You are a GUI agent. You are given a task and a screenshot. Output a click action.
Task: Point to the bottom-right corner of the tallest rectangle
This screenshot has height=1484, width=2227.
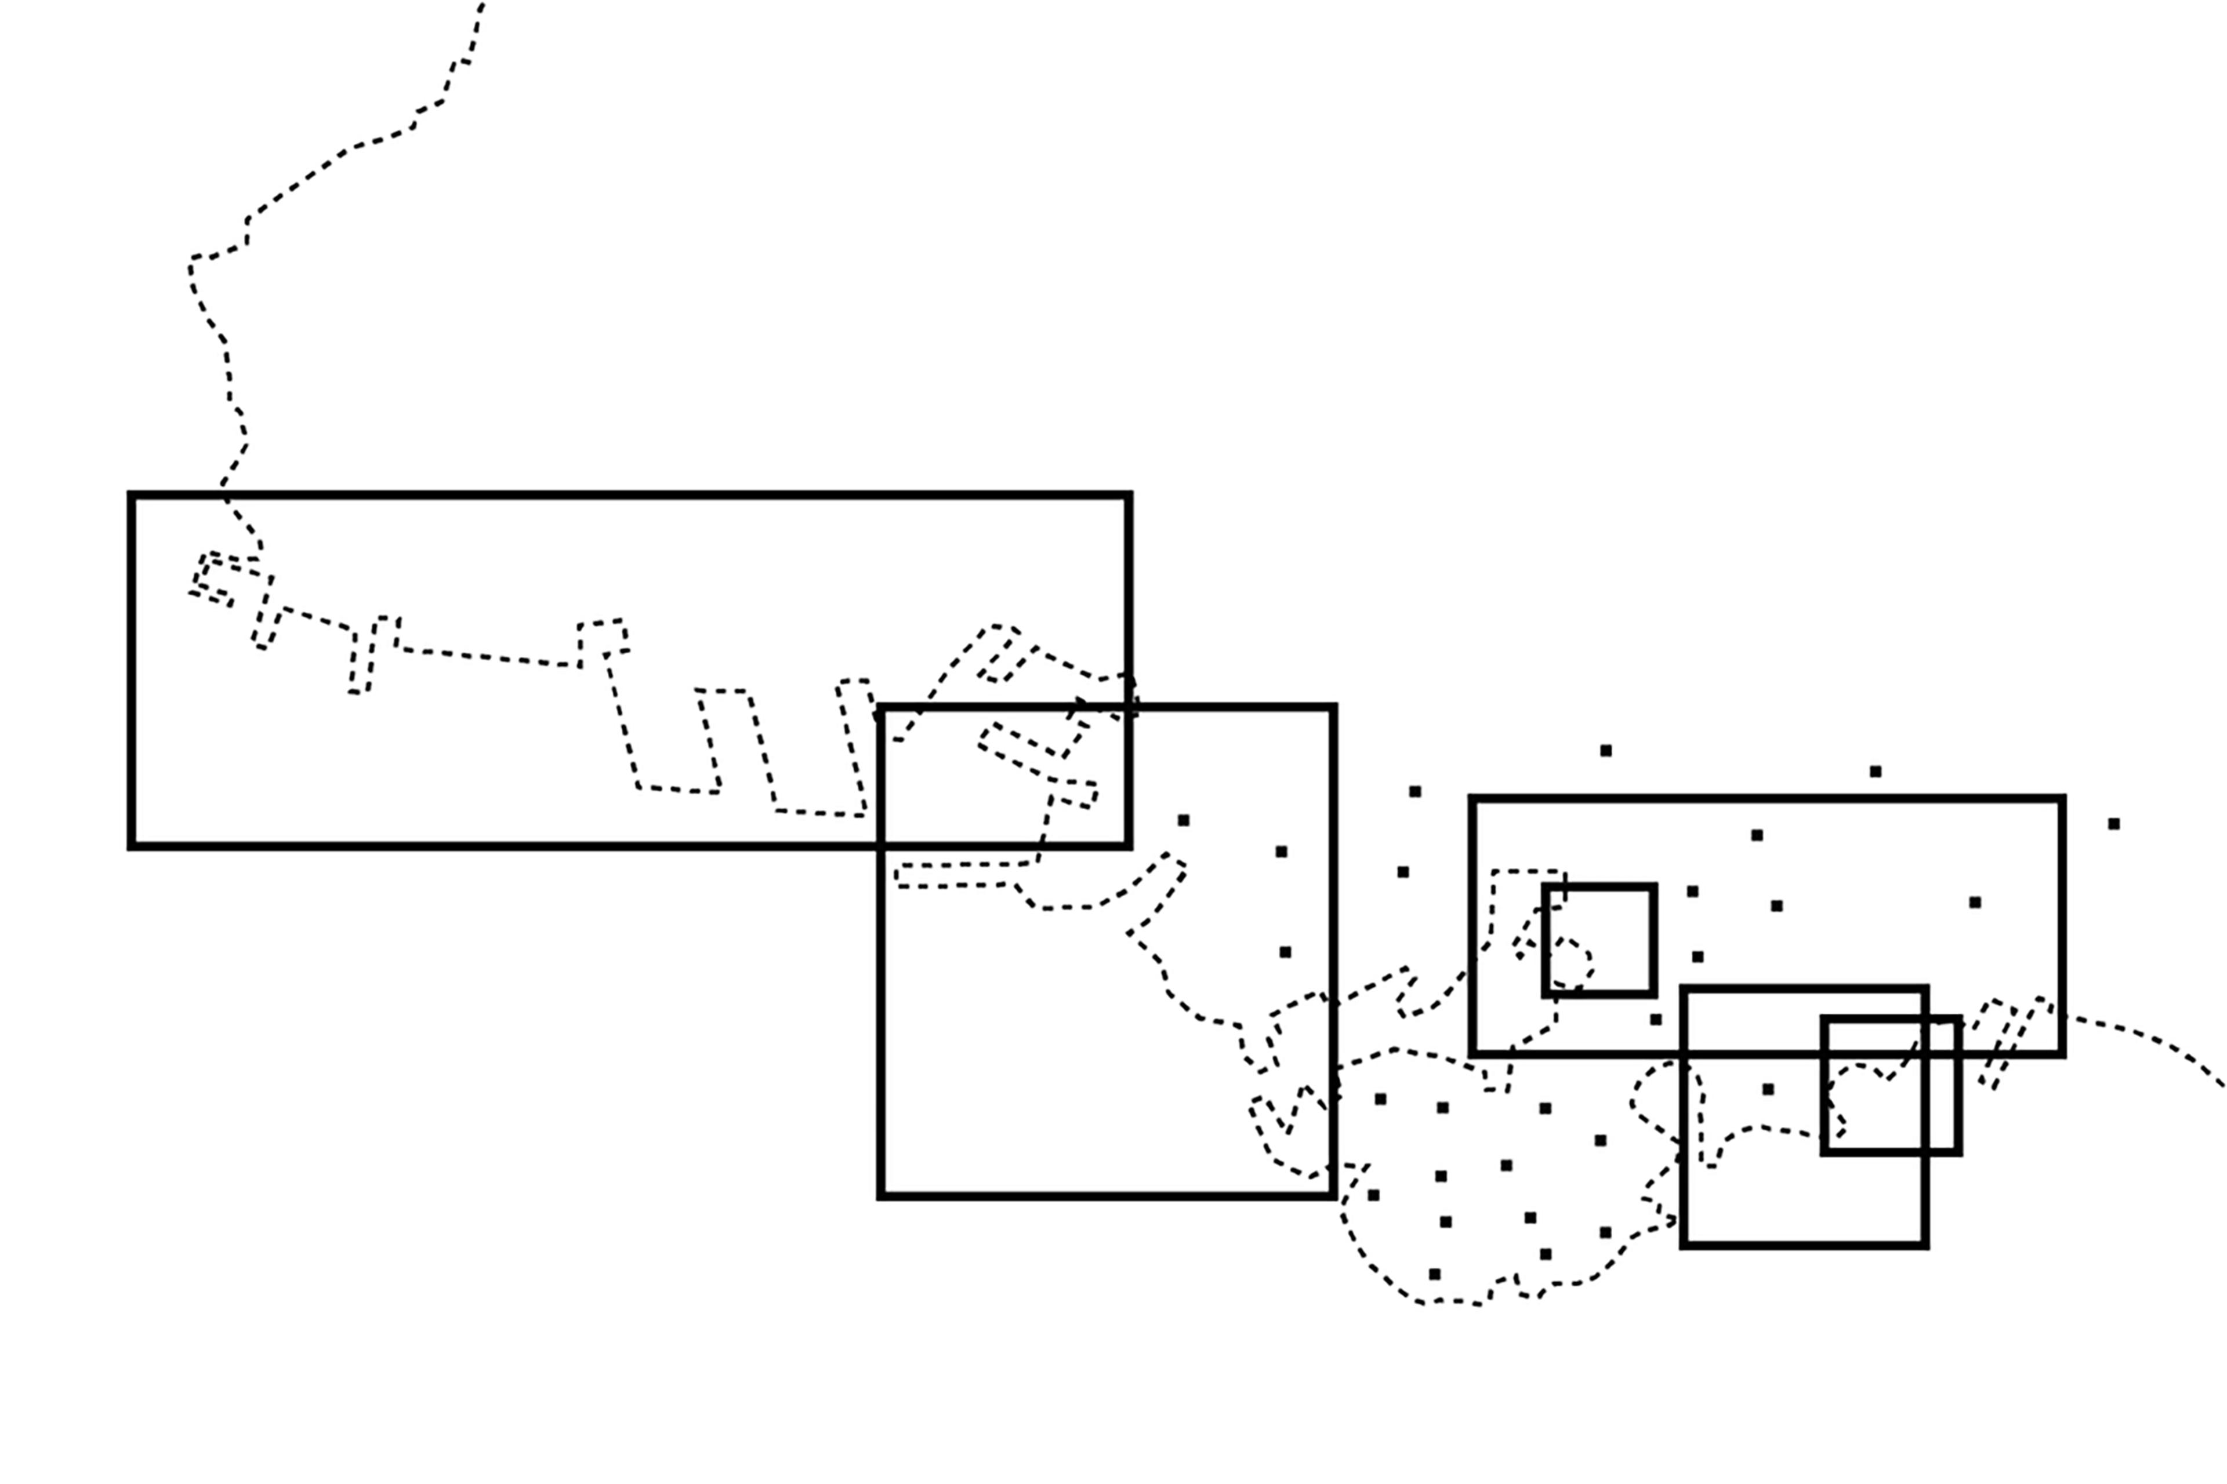1333,1196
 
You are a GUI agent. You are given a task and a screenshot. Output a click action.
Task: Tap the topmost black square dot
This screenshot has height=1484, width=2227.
1606,751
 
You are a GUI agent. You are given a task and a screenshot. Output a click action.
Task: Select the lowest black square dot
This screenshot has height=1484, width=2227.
1434,1274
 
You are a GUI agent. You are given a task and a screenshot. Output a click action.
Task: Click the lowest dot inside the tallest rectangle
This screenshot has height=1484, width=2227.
1285,952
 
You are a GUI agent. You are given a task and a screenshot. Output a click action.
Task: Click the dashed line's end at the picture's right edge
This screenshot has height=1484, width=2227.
2223,1086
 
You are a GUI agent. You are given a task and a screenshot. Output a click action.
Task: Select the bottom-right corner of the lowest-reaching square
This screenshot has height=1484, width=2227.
1925,1246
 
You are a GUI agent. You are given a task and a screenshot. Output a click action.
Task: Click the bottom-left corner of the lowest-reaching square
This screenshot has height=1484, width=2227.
1684,1246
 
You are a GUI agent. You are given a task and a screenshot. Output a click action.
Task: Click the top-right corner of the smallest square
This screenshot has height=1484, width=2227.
1653,888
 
